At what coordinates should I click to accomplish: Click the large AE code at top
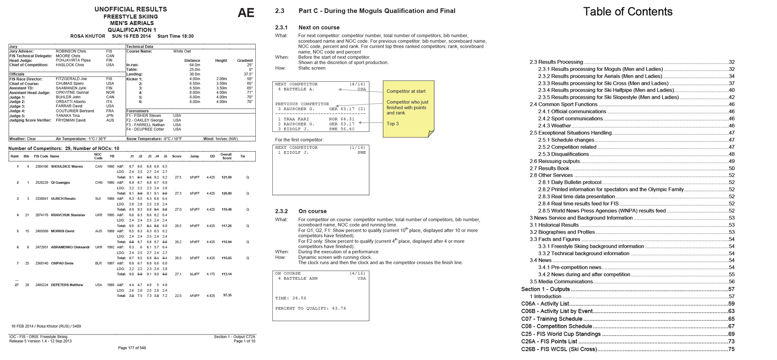point(246,13)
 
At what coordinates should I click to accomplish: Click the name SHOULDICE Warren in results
point(67,167)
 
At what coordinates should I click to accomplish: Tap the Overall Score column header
point(226,156)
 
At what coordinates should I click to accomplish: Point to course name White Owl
point(182,51)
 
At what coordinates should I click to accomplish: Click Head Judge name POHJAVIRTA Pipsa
point(73,60)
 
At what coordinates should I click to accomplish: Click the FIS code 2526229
point(42,183)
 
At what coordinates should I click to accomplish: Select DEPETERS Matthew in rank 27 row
point(67,285)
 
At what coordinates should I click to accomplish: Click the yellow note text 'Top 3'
point(393,124)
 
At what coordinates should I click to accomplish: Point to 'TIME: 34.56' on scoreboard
point(291,298)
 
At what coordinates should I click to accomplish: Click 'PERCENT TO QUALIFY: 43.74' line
point(310,308)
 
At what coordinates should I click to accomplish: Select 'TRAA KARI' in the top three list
point(296,119)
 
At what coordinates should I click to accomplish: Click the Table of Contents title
point(628,12)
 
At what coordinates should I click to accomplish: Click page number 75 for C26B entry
point(731,349)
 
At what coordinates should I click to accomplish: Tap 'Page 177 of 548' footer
point(132,348)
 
